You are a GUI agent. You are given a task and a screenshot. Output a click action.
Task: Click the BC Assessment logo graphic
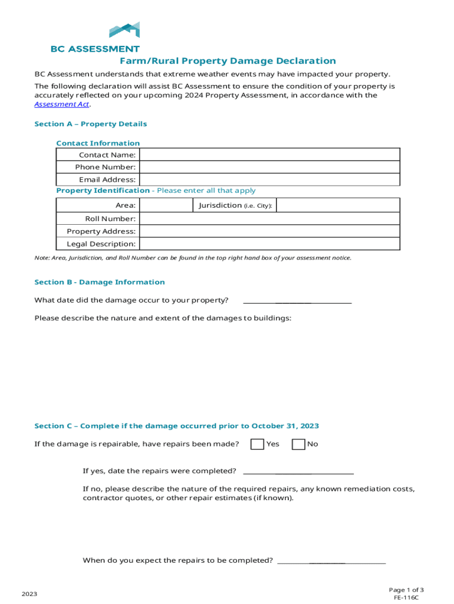(124, 31)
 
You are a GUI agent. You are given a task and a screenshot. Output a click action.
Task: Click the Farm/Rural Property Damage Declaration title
(228, 61)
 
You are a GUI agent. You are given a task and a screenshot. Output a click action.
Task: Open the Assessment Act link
(62, 104)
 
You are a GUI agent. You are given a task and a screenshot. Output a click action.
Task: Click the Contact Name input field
(269, 155)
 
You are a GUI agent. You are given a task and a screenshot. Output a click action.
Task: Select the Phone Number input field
(269, 167)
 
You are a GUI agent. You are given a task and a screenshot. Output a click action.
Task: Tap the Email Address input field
(269, 179)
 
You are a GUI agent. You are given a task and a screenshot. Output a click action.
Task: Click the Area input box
(166, 205)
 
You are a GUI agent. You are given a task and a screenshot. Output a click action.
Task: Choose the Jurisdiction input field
(338, 205)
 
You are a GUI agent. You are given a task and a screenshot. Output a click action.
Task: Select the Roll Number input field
(269, 219)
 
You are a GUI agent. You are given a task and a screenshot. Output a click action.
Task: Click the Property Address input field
(269, 231)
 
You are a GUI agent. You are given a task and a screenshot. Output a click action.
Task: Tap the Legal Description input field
(269, 244)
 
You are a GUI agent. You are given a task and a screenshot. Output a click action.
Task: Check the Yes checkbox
(257, 444)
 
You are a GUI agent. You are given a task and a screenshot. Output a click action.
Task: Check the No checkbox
(299, 444)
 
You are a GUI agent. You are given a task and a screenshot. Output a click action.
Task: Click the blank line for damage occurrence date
(297, 301)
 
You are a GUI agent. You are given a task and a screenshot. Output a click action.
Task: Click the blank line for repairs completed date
(298, 471)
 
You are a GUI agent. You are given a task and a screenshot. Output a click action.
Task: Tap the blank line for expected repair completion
(331, 561)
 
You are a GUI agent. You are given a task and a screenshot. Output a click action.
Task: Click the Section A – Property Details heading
(91, 124)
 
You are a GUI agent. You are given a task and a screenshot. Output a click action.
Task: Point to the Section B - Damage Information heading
(100, 282)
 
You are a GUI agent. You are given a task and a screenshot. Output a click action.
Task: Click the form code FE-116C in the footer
(406, 598)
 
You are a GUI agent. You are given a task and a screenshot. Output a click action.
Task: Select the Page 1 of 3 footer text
(406, 589)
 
